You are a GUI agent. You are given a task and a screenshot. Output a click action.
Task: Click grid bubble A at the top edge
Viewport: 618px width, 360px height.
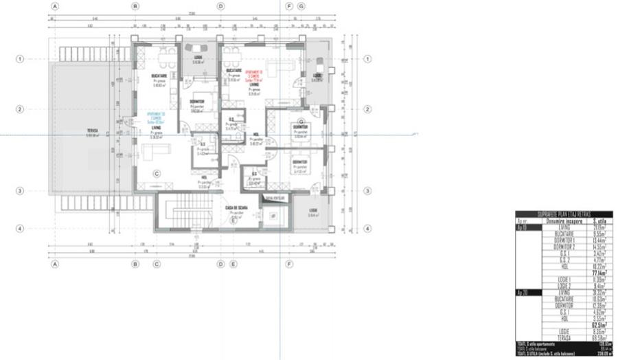(x=55, y=6)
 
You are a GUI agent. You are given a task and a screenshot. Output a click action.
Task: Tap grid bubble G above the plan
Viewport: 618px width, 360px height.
(x=301, y=6)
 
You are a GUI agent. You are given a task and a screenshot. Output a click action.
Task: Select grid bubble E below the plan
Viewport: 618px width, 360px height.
(x=233, y=263)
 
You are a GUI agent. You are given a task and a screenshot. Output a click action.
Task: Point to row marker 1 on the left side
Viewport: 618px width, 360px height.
(x=20, y=59)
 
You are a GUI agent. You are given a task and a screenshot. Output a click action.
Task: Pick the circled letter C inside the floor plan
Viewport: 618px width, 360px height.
(x=157, y=173)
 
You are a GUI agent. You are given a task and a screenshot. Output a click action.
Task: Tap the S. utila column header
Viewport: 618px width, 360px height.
(x=594, y=221)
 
